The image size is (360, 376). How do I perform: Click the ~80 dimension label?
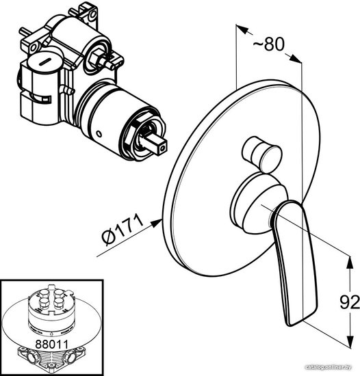(x=269, y=44)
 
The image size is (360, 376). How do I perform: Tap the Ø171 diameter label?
(x=123, y=230)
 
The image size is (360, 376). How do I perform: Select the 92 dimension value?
(x=350, y=302)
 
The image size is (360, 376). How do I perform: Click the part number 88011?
(x=51, y=344)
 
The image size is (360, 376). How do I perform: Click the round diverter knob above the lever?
(x=262, y=155)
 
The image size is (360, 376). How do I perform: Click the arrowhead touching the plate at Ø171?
(x=156, y=223)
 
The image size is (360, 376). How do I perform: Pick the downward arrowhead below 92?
(x=350, y=340)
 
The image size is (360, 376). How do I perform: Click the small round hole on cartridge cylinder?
(x=99, y=133)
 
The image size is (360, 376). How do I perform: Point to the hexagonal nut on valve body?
(x=95, y=57)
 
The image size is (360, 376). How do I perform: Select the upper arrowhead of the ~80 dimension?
(x=242, y=29)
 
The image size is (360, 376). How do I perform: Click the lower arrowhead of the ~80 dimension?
(x=295, y=59)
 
